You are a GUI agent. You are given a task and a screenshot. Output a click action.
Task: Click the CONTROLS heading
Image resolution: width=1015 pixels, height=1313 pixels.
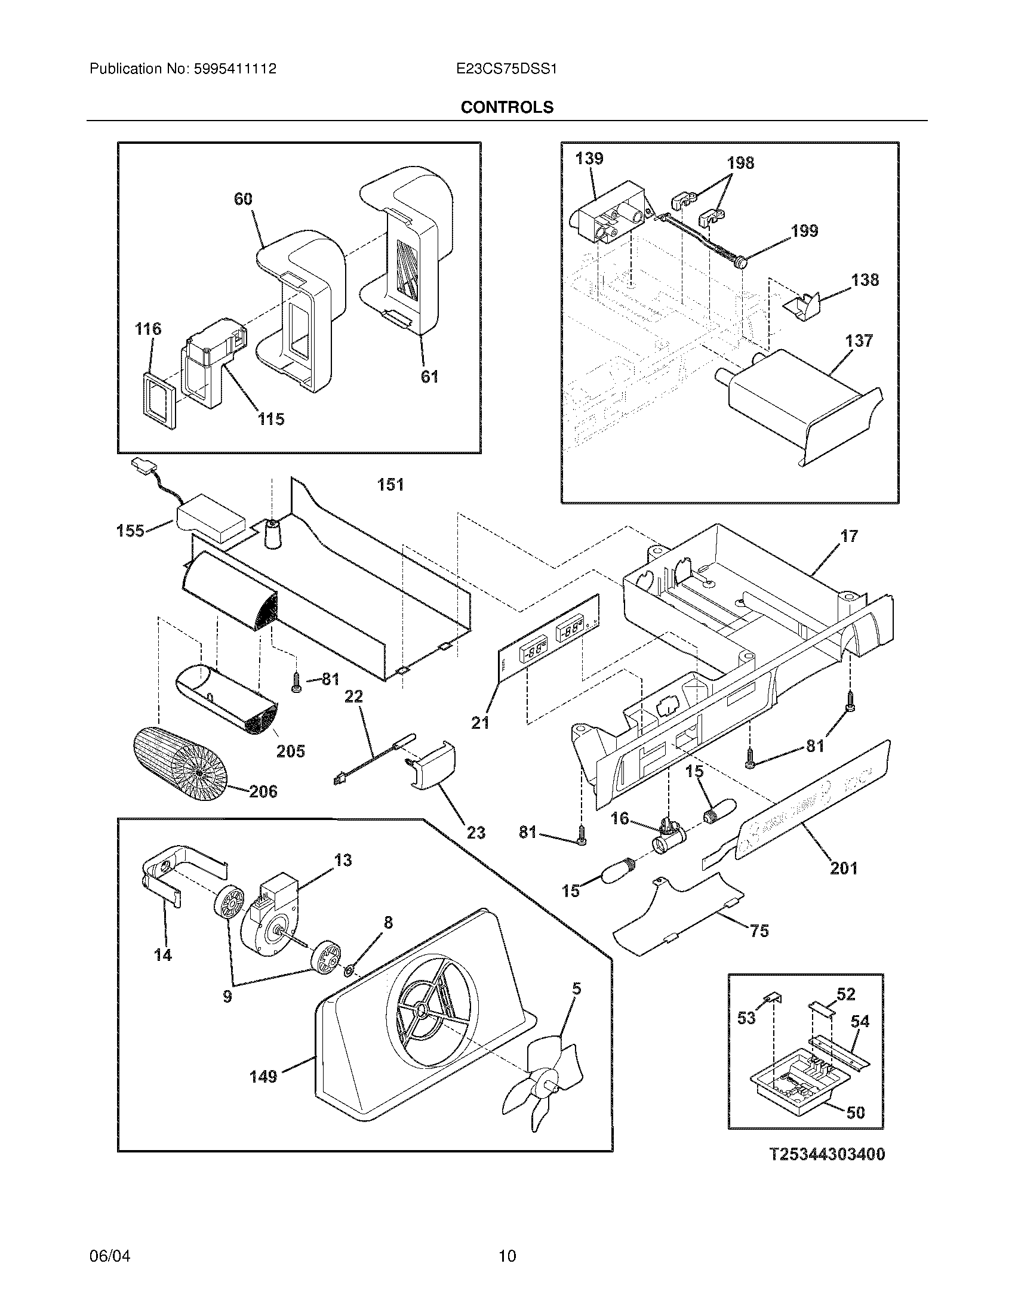click(x=507, y=107)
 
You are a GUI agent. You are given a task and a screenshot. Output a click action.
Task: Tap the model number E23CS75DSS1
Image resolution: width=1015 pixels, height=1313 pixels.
click(x=507, y=69)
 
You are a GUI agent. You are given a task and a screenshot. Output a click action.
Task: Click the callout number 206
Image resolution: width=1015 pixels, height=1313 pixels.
click(x=263, y=791)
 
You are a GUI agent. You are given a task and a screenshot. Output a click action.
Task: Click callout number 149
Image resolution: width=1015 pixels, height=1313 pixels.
click(x=263, y=1075)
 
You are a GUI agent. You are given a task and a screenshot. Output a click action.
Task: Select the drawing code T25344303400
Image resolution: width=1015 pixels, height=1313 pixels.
click(x=828, y=1154)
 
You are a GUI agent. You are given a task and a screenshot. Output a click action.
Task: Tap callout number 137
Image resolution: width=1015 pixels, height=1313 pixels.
click(x=859, y=341)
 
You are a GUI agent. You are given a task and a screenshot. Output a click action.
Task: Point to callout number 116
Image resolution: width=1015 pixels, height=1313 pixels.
click(x=147, y=329)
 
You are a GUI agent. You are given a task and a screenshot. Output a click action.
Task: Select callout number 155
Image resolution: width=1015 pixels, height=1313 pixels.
click(x=131, y=530)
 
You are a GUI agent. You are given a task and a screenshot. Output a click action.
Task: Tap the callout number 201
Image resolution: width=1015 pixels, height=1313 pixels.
click(x=843, y=868)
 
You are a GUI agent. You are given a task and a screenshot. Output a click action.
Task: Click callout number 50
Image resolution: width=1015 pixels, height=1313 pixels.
click(x=856, y=1113)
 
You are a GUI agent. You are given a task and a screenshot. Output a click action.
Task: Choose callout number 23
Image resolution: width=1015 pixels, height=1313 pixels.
click(x=476, y=833)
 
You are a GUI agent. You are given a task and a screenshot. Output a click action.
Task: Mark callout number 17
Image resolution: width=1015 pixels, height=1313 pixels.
click(x=849, y=536)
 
